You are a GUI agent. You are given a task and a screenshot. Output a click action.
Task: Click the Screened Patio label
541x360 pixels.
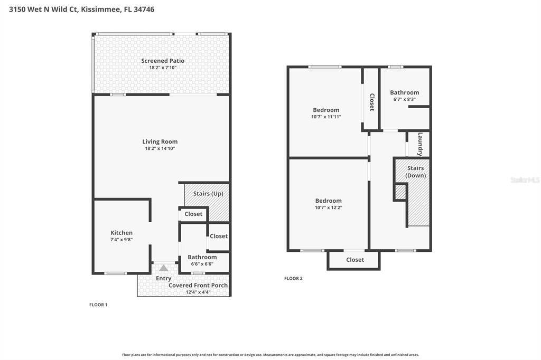click(x=163, y=61)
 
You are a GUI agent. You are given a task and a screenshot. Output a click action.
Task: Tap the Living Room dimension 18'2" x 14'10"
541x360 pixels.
click(x=160, y=149)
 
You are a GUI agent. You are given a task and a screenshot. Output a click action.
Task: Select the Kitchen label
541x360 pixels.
click(x=122, y=233)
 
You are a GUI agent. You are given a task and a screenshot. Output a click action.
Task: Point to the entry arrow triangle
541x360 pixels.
click(x=164, y=268)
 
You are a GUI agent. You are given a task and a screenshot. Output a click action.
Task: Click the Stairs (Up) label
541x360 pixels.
click(x=208, y=194)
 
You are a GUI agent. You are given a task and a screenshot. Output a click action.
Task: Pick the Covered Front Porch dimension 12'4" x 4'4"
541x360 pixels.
click(x=198, y=292)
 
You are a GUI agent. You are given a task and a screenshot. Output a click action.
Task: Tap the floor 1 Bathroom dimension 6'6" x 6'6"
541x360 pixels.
click(x=202, y=264)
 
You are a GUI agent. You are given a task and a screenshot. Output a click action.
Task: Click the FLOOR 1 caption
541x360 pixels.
click(x=98, y=305)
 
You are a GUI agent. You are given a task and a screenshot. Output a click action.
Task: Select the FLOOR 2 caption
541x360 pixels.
click(x=293, y=279)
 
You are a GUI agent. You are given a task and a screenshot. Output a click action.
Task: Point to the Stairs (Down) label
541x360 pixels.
click(x=415, y=172)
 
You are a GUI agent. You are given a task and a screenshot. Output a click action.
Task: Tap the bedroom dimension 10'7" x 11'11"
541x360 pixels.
click(x=326, y=117)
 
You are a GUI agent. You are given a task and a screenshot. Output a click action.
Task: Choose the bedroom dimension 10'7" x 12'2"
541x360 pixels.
click(x=329, y=207)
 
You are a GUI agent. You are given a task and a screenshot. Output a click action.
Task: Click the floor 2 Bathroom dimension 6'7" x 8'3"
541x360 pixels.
click(x=404, y=99)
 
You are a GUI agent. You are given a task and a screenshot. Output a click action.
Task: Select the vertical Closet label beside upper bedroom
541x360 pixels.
click(x=372, y=102)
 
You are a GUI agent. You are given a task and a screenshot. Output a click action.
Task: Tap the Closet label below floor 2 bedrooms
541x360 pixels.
click(x=355, y=260)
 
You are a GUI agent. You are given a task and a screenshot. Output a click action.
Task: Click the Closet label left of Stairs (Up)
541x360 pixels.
click(x=193, y=214)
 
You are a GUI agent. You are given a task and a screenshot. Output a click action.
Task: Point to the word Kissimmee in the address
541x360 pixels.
click(x=101, y=10)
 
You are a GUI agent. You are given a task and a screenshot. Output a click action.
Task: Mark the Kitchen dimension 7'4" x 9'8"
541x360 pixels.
click(x=122, y=240)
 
